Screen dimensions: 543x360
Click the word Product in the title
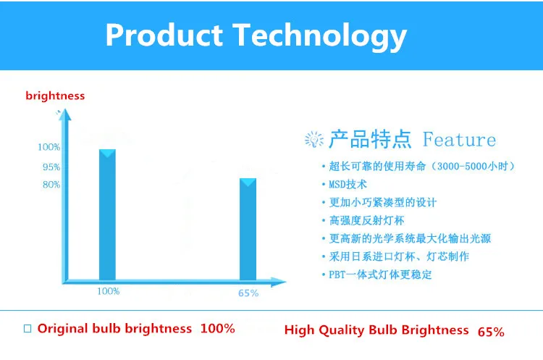[164, 35]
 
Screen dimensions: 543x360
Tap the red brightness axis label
[55, 96]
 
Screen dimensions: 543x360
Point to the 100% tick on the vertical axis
[49, 147]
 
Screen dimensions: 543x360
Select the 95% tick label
[51, 167]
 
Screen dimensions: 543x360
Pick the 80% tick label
[51, 184]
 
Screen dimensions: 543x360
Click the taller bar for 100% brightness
[107, 215]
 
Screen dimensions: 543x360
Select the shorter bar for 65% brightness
[248, 230]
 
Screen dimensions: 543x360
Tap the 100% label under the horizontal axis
[109, 291]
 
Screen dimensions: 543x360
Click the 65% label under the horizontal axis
[248, 293]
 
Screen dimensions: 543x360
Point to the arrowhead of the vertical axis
[64, 114]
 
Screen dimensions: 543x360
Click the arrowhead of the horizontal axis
[278, 282]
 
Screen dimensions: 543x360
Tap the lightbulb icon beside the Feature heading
[314, 140]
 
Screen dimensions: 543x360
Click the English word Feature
[459, 140]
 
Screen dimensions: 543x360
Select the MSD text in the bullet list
[336, 184]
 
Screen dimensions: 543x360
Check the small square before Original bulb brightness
[28, 328]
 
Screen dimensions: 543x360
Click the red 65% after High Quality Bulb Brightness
[491, 332]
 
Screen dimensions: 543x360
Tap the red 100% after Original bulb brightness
[218, 328]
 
